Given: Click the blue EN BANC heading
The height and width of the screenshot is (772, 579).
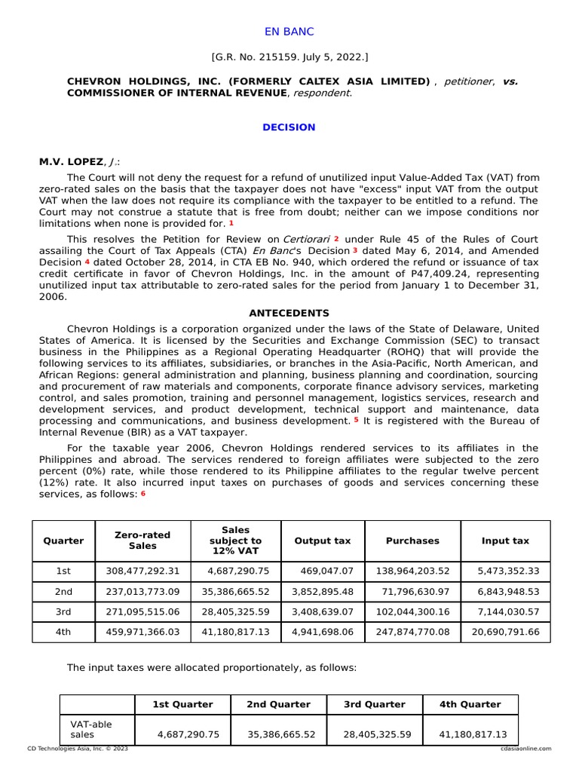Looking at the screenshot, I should click(289, 32).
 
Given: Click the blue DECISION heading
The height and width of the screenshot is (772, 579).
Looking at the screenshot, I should click(289, 127).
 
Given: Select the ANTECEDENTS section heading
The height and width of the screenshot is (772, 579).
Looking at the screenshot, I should click(289, 313).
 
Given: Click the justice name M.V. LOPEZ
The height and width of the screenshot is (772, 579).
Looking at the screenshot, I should click(70, 162).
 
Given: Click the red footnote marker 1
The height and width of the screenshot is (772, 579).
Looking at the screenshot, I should click(231, 223).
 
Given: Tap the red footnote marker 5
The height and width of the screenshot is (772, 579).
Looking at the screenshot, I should click(356, 420).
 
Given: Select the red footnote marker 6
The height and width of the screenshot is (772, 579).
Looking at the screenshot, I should click(142, 493).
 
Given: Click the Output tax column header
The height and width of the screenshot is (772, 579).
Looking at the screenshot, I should click(322, 541).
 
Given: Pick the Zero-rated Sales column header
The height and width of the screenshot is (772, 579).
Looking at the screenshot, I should click(142, 541).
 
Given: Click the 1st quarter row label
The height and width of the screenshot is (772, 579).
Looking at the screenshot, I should click(63, 571).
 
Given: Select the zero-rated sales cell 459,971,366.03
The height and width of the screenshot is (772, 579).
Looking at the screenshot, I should click(142, 632).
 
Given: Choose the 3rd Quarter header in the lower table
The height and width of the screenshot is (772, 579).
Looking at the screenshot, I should click(374, 704).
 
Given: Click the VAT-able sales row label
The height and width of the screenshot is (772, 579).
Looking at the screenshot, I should click(90, 729).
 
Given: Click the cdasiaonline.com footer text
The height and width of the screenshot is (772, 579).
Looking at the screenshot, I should click(525, 749).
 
